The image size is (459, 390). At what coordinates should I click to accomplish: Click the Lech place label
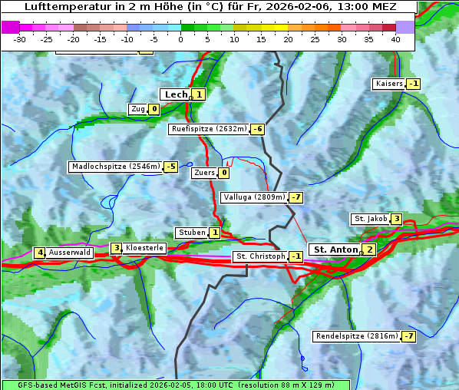(176, 94)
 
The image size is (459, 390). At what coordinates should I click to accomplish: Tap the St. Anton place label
(335, 250)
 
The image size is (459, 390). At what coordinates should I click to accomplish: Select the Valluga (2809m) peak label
(254, 197)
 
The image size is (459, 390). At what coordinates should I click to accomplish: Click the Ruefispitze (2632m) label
(209, 129)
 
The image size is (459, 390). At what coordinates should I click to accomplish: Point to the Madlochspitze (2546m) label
(115, 167)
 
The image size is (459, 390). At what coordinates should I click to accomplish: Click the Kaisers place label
(388, 84)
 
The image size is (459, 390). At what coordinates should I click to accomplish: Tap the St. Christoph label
(259, 256)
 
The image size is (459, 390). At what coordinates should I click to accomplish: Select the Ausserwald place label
(70, 253)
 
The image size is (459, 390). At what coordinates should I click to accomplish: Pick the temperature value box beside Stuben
(215, 233)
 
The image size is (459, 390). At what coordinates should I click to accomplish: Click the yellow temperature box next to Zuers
(224, 173)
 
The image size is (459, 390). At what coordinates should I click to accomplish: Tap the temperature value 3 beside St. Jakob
(396, 219)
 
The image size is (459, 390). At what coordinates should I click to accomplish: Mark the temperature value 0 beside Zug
(154, 109)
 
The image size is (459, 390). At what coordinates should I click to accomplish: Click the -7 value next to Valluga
(296, 197)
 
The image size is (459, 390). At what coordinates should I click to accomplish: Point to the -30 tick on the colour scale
(20, 39)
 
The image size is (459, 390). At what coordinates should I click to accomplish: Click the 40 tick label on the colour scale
(395, 39)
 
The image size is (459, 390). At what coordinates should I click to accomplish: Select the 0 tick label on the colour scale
(181, 39)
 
